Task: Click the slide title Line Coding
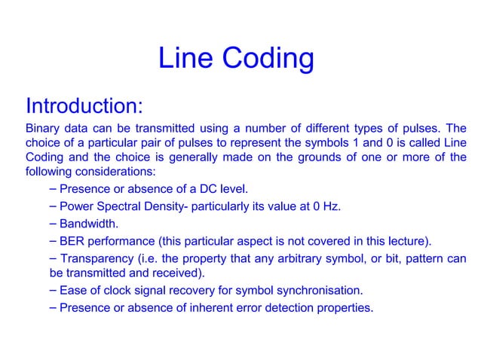coord(235,60)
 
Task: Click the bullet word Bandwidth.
coord(88,224)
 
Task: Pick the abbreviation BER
coord(73,242)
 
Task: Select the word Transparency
coord(96,259)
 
